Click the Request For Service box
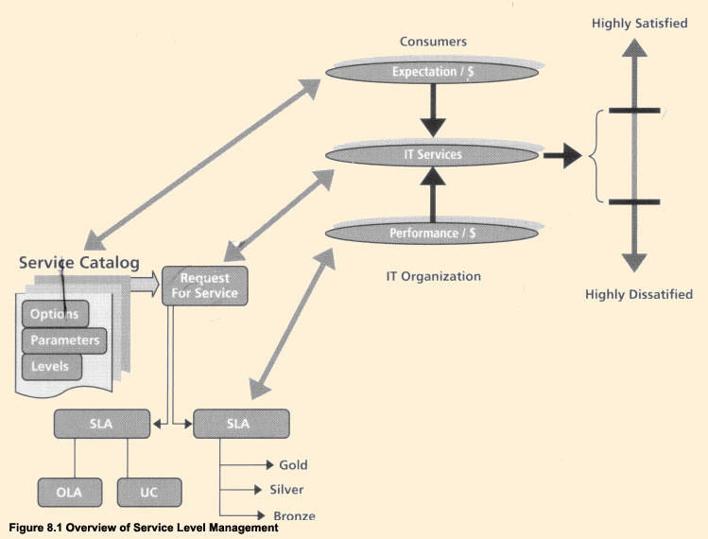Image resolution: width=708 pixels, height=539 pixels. pyautogui.click(x=205, y=286)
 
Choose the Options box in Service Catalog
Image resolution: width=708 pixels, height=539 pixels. pyautogui.click(x=55, y=314)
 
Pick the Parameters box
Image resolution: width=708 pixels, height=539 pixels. pyautogui.click(x=64, y=339)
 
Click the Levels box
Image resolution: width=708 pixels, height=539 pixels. pyautogui.click(x=51, y=365)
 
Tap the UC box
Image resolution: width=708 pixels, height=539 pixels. pyautogui.click(x=149, y=492)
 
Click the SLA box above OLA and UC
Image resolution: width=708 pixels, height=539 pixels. pyautogui.click(x=102, y=424)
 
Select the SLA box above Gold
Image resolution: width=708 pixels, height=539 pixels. pyautogui.click(x=240, y=424)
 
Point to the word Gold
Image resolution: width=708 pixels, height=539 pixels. pyautogui.click(x=293, y=465)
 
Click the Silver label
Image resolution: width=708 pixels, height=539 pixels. pyautogui.click(x=287, y=490)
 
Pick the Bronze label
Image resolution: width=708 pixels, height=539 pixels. pyautogui.click(x=294, y=515)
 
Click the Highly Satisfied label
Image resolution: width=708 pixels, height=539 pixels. pyautogui.click(x=640, y=24)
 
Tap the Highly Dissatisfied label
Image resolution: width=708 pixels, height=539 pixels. pyautogui.click(x=639, y=295)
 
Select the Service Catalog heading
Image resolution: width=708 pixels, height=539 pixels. pyautogui.click(x=78, y=262)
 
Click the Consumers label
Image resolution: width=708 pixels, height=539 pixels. pyautogui.click(x=433, y=43)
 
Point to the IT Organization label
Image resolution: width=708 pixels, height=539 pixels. pyautogui.click(x=434, y=277)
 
